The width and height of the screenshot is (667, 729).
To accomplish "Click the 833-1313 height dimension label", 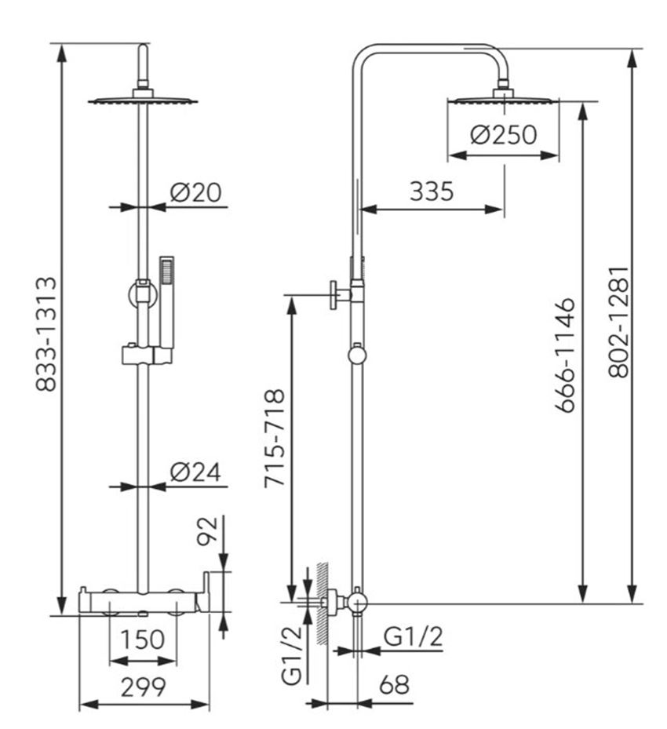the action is click(x=46, y=334).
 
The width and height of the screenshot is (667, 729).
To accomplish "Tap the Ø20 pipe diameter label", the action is click(x=195, y=192).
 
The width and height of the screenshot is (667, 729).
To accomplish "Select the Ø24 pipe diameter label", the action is click(x=195, y=472).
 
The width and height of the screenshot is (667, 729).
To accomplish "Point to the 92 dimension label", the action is click(x=207, y=530).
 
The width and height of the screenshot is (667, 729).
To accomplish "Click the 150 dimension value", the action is click(x=143, y=640).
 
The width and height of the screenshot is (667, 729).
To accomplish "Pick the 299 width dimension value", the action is click(x=143, y=687).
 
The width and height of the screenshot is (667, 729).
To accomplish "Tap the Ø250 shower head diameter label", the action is click(x=503, y=135).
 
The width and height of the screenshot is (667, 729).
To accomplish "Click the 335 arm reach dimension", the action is click(x=432, y=191).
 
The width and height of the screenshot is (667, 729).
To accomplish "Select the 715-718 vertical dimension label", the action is click(x=274, y=439).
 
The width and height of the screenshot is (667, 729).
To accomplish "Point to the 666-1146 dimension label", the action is click(x=566, y=355).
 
